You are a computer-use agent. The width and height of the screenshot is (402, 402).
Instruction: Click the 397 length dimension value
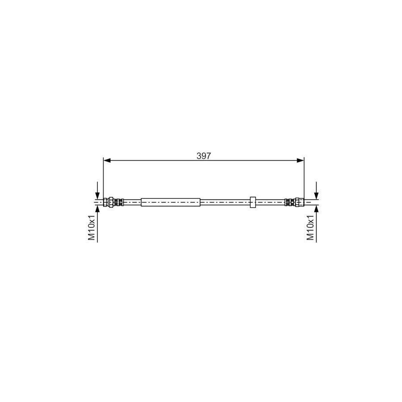pos(203,156)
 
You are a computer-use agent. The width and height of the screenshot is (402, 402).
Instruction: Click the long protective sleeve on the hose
pos(170,202)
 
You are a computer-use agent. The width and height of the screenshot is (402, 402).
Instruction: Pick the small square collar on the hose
pos(253,202)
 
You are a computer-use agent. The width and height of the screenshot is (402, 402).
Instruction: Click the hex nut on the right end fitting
pos(300,202)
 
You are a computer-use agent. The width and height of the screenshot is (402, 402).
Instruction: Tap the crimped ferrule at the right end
pos(289,202)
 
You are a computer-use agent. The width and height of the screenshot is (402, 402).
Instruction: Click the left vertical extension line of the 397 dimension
pos(103,179)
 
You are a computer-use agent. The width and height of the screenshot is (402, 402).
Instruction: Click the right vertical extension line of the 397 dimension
pos(304,179)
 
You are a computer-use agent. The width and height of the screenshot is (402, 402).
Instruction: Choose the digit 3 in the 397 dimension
pos(199,156)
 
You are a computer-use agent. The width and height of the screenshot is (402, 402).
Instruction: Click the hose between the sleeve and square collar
pos(225,202)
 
